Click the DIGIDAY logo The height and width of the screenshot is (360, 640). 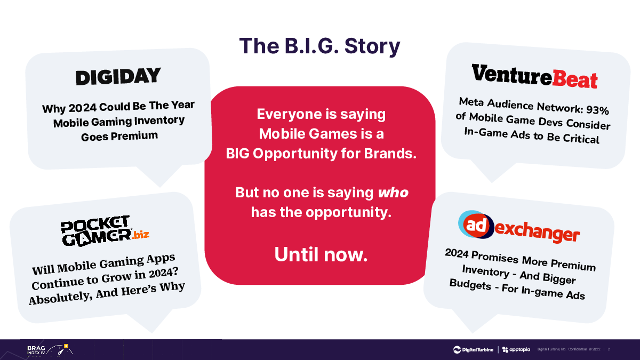pos(118,76)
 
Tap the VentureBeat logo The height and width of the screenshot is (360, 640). pos(534,76)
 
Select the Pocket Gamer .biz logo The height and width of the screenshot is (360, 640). pos(105,231)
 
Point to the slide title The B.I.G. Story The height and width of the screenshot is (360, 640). pos(319,46)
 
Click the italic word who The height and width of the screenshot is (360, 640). pos(393,193)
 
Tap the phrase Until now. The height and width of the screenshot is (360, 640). pos(321,254)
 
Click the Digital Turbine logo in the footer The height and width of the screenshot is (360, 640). pos(473,349)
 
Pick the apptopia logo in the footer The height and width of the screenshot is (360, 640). pos(516,349)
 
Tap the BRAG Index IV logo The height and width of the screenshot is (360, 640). pos(50,350)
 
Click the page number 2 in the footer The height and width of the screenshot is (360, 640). pos(609,349)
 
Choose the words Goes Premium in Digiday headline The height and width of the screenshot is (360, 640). pos(119,136)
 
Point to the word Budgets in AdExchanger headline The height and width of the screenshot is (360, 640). pos(470,285)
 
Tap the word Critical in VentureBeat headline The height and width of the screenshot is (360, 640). pos(581,139)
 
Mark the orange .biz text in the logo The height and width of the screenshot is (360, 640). pos(141,235)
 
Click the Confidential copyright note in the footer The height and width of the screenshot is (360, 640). pos(569,349)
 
